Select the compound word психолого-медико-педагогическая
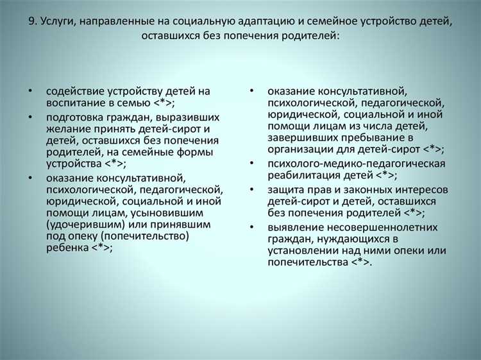point(357,164)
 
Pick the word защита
point(287,190)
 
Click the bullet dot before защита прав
point(253,190)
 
